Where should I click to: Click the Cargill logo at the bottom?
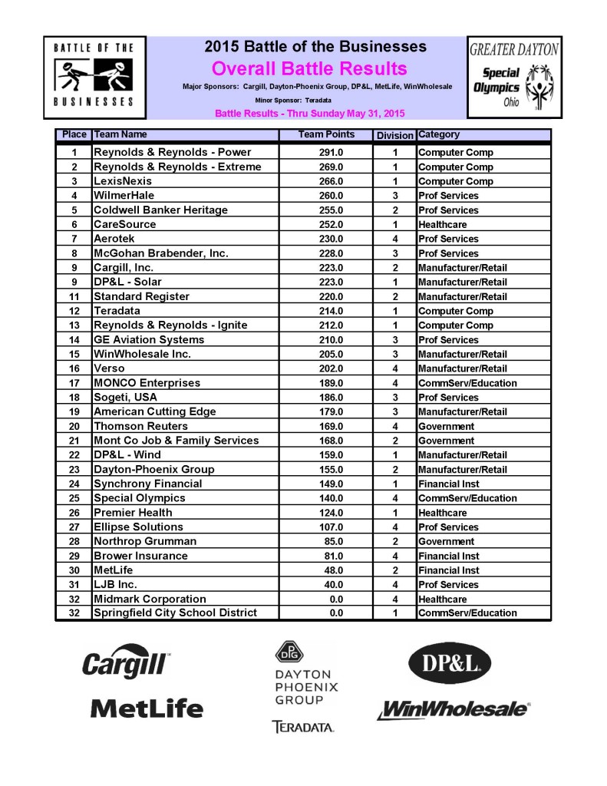point(126,662)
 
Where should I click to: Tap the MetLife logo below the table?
point(147,708)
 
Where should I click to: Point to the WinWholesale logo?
point(453,709)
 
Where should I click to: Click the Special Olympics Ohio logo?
point(513,78)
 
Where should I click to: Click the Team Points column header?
point(326,135)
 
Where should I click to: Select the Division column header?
point(394,136)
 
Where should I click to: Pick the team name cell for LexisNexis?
point(123,181)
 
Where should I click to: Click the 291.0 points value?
point(330,152)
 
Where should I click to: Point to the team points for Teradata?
point(330,311)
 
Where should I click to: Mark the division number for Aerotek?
point(394,239)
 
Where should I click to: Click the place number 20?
point(74,426)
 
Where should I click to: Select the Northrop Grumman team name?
point(144,541)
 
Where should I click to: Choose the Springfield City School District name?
point(175,613)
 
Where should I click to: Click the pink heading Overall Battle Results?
point(308,68)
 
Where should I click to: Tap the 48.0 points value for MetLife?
point(330,570)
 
